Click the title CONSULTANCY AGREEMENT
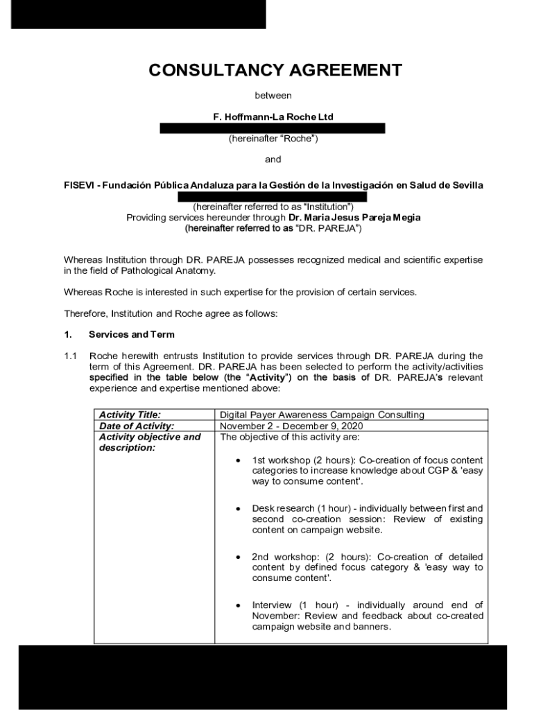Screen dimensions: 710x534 275,70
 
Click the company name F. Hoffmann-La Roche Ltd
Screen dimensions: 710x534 273,116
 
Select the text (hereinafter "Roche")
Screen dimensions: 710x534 273,138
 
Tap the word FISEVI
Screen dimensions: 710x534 79,185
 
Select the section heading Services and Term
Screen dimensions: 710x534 131,334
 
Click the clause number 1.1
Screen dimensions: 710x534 70,356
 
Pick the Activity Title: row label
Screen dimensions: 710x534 130,415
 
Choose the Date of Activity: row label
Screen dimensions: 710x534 137,426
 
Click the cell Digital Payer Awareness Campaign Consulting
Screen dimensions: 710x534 322,415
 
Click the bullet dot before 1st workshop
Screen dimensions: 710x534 239,460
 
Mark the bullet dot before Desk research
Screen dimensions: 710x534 239,509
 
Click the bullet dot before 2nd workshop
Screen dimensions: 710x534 239,557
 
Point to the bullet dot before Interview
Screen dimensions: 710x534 239,606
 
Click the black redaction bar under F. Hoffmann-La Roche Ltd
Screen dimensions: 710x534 273,128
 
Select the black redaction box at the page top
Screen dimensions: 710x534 138,14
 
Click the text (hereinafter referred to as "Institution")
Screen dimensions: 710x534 273,207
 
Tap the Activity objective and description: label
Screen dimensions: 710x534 149,442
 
